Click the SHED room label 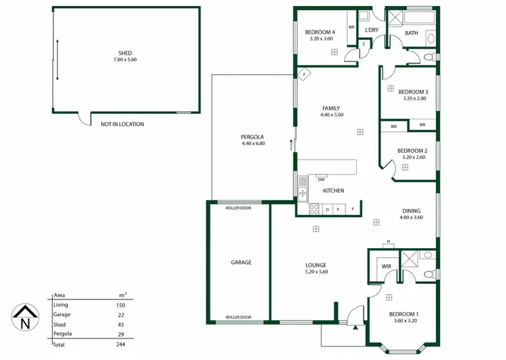point(125,53)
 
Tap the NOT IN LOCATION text point(122,124)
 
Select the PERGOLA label point(253,136)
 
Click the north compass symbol point(25,318)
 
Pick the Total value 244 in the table point(121,344)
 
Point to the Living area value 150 point(121,305)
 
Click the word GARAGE point(241,262)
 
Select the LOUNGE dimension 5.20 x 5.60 point(316,272)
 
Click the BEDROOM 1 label point(403,314)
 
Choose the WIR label point(386,266)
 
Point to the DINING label point(411,210)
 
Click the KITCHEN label point(333,191)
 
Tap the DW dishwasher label point(321,179)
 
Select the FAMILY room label point(331,108)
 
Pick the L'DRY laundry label point(371,30)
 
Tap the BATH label point(411,32)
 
